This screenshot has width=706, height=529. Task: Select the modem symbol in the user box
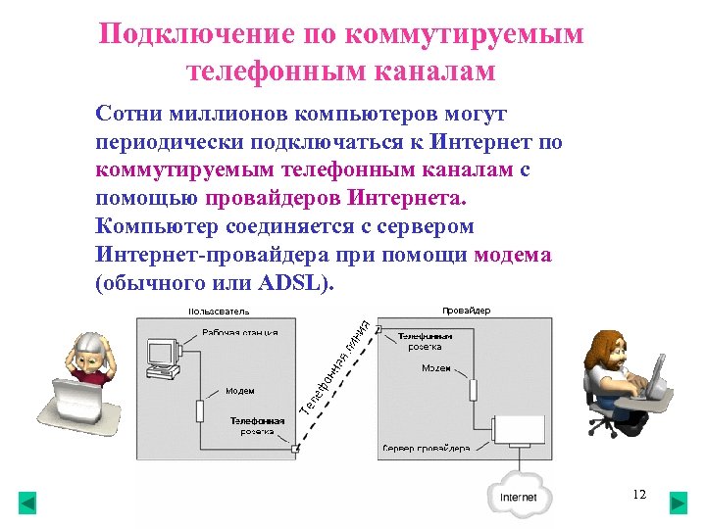click(x=201, y=409)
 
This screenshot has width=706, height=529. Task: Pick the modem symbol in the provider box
click(x=472, y=386)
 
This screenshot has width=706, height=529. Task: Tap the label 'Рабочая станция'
click(x=239, y=332)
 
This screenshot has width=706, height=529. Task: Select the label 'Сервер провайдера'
click(x=425, y=449)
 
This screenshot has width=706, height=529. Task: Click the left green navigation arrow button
click(x=27, y=503)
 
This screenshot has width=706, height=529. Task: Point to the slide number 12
click(x=639, y=495)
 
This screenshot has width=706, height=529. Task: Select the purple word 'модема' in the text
click(x=512, y=256)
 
